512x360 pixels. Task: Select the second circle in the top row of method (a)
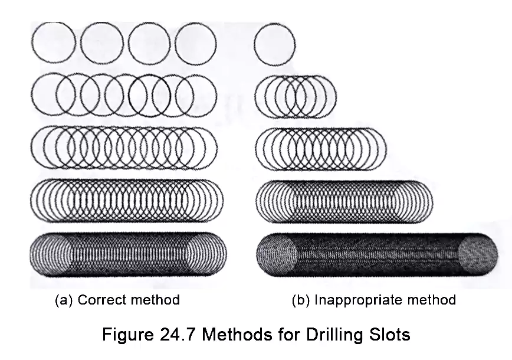pyautogui.click(x=101, y=43)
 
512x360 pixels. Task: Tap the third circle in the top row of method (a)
pyautogui.click(x=149, y=43)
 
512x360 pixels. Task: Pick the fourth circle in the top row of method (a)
pyautogui.click(x=195, y=43)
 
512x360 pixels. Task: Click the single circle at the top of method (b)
pyautogui.click(x=274, y=44)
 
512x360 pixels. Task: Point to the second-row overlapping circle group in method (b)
pyautogui.click(x=296, y=96)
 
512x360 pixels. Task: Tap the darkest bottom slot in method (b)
pyautogui.click(x=377, y=255)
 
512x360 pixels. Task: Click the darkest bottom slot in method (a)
pyautogui.click(x=127, y=254)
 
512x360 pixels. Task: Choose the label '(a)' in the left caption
pyautogui.click(x=64, y=300)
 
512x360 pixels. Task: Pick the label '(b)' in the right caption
pyautogui.click(x=301, y=300)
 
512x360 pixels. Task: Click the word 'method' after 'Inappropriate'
pyautogui.click(x=429, y=300)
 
